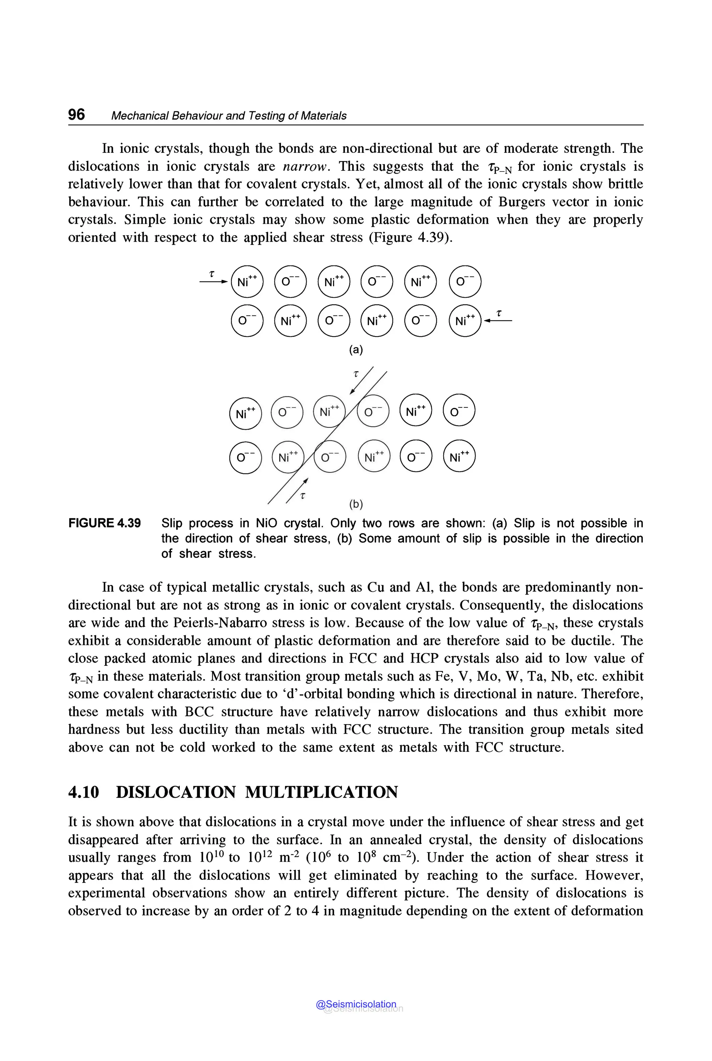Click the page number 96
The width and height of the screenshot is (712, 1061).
coord(76,114)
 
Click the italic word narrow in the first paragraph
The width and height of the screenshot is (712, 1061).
coord(304,166)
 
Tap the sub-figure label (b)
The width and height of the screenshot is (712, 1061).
coord(356,504)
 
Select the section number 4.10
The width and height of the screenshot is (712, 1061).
coord(83,792)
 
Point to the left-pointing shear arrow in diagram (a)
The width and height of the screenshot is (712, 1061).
coord(498,321)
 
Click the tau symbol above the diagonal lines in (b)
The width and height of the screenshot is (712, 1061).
coord(356,374)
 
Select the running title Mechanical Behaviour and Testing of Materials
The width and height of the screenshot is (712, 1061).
coord(228,116)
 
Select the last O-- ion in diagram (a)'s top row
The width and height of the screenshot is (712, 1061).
coord(464,282)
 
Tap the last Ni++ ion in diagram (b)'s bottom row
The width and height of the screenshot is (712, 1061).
coord(459,457)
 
